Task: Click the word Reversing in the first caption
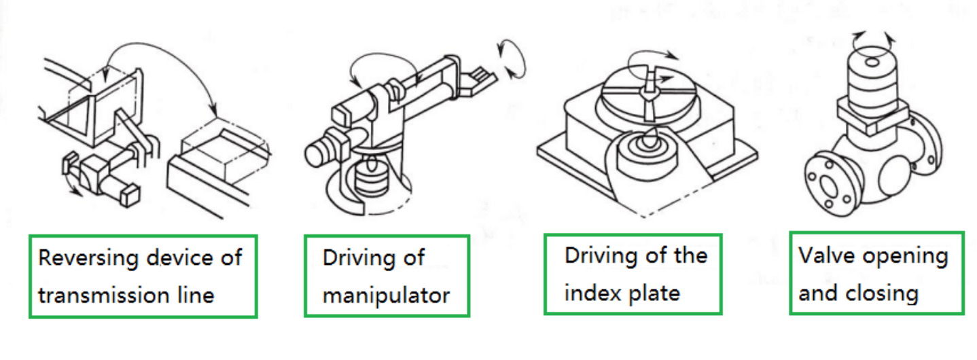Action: click(x=89, y=258)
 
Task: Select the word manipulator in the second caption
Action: click(x=386, y=297)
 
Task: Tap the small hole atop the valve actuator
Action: click(x=872, y=62)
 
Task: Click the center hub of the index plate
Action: click(x=649, y=86)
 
